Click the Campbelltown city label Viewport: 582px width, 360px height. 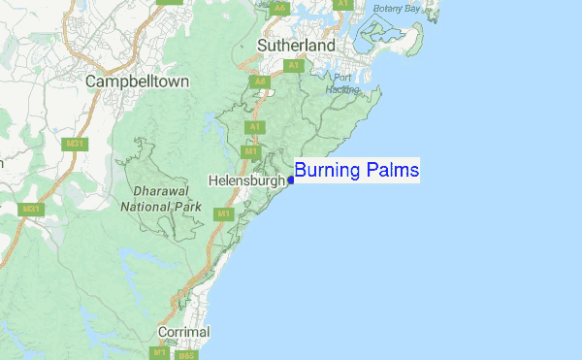tap(137, 82)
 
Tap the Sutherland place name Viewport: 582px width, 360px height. tap(296, 46)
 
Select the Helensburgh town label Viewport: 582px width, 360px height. tap(247, 180)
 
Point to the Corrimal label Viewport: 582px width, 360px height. tap(184, 333)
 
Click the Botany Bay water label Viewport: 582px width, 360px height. tap(399, 8)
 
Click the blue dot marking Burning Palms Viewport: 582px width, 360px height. tap(291, 180)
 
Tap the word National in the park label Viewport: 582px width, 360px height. tap(148, 206)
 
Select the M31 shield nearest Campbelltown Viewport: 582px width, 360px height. tap(72, 144)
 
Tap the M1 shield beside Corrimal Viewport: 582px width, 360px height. tap(158, 354)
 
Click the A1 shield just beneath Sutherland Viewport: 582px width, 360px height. tap(292, 65)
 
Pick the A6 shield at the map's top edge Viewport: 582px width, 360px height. tap(279, 8)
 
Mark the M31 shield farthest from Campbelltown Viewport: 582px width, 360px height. tap(31, 209)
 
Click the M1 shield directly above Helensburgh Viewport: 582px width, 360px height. tap(250, 152)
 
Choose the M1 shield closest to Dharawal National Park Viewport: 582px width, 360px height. tap(223, 213)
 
